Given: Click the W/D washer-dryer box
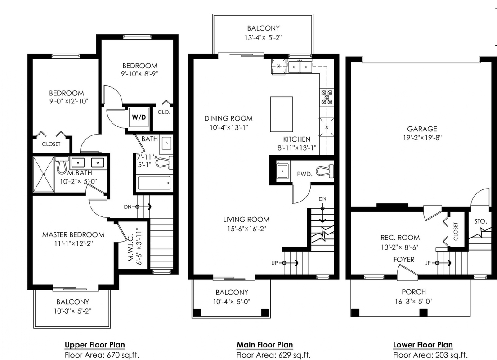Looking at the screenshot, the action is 139,117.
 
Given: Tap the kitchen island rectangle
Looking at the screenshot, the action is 282,114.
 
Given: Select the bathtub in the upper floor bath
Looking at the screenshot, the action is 154,183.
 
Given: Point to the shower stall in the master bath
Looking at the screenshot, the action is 44,174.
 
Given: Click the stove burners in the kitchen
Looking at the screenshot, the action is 327,97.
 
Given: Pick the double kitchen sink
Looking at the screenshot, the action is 300,67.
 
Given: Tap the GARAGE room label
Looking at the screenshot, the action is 422,129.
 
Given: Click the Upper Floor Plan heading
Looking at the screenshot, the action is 95,345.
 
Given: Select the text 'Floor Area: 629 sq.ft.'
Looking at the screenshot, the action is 273,355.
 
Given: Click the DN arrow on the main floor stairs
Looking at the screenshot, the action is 322,214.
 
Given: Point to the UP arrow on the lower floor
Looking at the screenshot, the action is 443,263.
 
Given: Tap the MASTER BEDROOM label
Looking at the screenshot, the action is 73,235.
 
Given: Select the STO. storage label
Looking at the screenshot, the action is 480,221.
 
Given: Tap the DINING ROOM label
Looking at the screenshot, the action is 228,118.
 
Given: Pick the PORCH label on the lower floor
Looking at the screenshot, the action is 414,292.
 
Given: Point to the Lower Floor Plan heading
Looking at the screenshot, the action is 423,345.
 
